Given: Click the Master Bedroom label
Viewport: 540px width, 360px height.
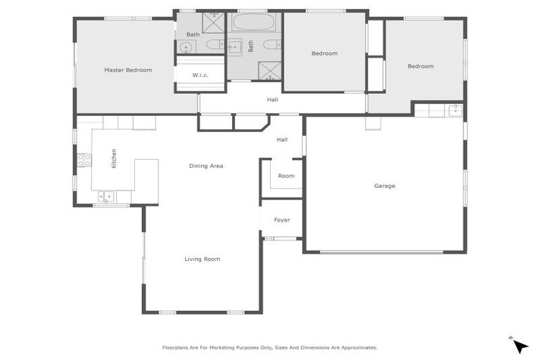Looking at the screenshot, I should (x=128, y=70).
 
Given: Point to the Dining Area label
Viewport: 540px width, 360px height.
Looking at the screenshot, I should (x=206, y=166).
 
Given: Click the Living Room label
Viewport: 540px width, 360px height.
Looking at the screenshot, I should (x=202, y=259).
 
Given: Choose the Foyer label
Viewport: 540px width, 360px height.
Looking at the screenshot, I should (x=282, y=220).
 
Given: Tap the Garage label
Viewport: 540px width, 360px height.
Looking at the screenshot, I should (x=385, y=186).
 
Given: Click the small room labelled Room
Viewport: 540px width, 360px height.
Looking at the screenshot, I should (x=286, y=176).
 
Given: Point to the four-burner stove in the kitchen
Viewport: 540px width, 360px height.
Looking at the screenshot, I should (x=84, y=160).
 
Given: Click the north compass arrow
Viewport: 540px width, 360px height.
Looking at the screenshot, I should (x=520, y=345).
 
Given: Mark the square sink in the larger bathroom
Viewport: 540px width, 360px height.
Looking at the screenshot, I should (x=234, y=46).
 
